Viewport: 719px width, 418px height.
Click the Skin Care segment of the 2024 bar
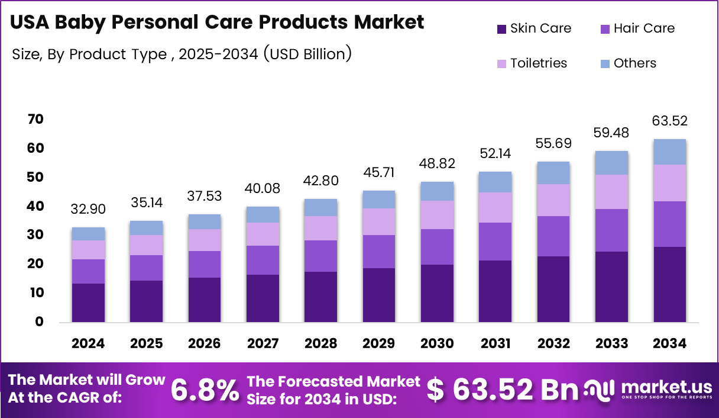[88, 303]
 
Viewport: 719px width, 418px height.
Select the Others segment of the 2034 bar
[670, 152]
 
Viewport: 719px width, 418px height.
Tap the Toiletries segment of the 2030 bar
[437, 215]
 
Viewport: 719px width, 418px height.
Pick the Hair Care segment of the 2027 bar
[263, 260]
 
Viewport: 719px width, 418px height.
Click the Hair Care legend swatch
[604, 28]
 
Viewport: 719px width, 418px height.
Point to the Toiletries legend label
[539, 63]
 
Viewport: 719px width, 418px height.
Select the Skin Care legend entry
[533, 28]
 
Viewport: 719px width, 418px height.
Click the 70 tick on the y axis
[35, 120]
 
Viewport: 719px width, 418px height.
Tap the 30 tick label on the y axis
[35, 235]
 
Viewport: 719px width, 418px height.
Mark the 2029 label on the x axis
[379, 344]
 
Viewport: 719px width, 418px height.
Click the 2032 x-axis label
[554, 344]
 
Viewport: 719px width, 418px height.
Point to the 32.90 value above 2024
[88, 210]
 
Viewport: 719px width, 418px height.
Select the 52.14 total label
[495, 154]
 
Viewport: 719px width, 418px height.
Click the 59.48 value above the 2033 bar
[611, 133]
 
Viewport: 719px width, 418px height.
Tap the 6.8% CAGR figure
[205, 390]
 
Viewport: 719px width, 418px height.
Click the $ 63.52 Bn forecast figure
[502, 390]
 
